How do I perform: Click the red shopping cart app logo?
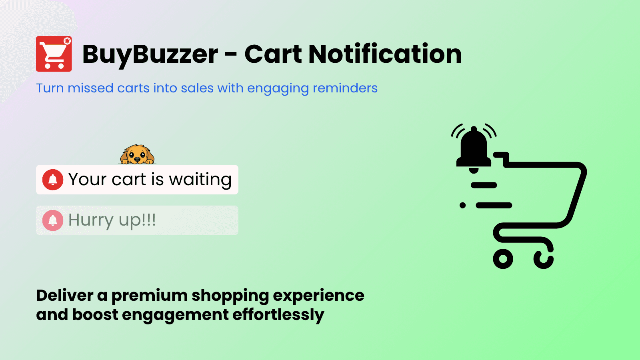click(x=54, y=54)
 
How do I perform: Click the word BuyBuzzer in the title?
click(x=150, y=54)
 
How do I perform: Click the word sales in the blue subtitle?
click(x=197, y=88)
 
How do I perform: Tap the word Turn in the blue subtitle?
click(x=50, y=88)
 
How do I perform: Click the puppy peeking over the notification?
click(x=137, y=154)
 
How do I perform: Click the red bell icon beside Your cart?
click(x=53, y=180)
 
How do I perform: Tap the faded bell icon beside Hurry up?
click(x=53, y=220)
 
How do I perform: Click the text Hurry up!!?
click(x=112, y=220)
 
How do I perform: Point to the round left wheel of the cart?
click(x=503, y=259)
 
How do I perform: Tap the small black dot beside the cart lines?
click(x=463, y=205)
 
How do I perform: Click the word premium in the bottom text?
click(x=150, y=296)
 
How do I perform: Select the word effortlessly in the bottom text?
click(x=278, y=315)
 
